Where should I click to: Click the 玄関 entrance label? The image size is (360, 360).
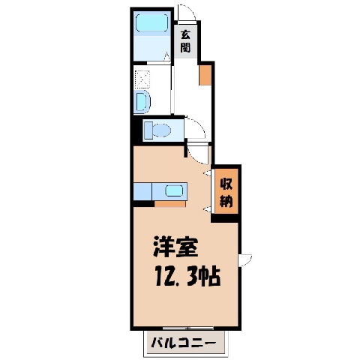coord(185,41)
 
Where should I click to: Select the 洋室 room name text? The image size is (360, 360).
coord(175,247)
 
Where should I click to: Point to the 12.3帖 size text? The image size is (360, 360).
coord(187,276)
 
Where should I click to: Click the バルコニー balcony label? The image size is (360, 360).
coord(183,343)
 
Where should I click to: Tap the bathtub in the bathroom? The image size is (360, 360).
coord(151,22)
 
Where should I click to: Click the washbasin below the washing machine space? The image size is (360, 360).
coord(143,102)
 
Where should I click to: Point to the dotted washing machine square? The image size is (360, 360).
coord(142,79)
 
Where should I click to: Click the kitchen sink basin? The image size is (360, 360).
coord(175,191)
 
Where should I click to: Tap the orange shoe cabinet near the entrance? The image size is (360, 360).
coord(205,75)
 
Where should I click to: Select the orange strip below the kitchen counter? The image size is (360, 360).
coord(170,204)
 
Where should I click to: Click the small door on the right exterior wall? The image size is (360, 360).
coord(244,260)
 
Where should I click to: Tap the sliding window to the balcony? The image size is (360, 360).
coord(188,328)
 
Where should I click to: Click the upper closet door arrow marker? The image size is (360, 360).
coord(207,172)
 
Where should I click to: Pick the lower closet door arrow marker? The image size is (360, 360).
coord(207,209)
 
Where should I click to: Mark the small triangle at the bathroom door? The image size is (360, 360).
coord(167,56)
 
